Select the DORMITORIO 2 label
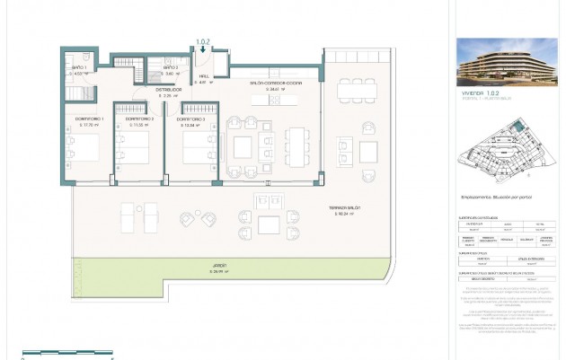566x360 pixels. pos(138,119)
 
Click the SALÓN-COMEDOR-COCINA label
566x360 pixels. pos(276,82)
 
